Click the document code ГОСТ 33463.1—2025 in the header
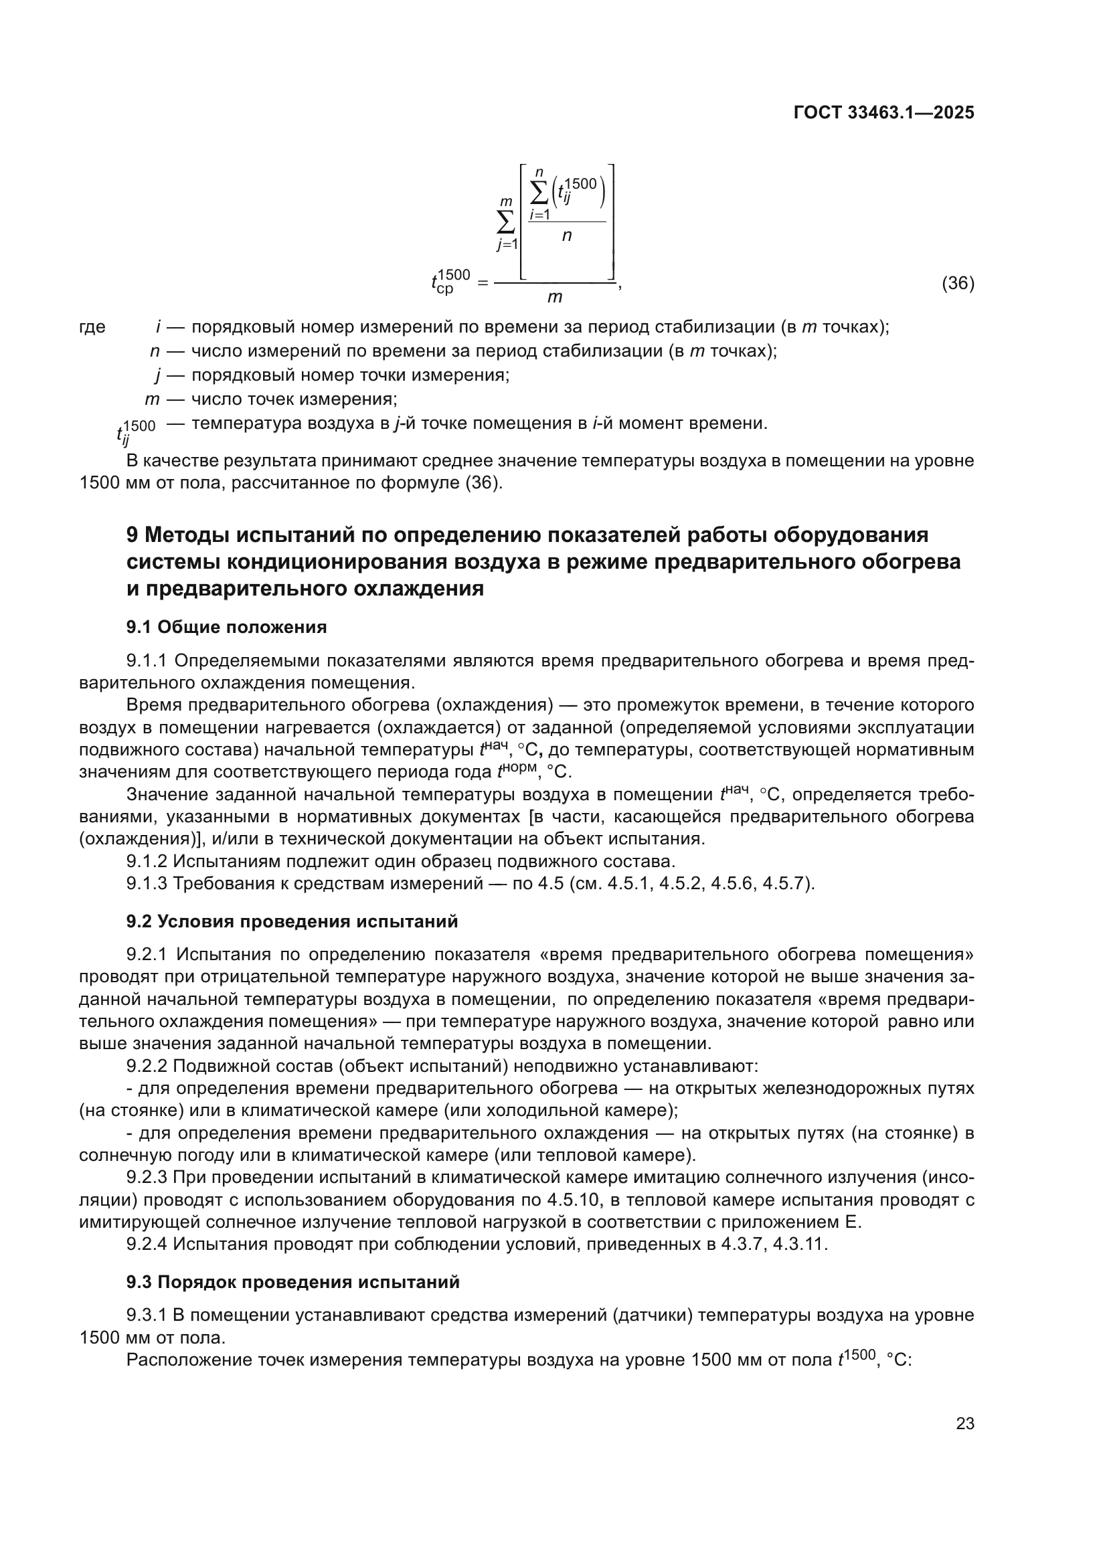click(x=883, y=113)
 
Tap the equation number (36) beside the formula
click(x=957, y=283)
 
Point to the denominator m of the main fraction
click(x=554, y=297)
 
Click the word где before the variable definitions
click(x=93, y=327)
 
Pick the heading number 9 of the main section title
click(x=133, y=535)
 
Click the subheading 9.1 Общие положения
click(x=226, y=627)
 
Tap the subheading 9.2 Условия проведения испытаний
click(x=292, y=921)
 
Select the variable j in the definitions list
click(x=157, y=375)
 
